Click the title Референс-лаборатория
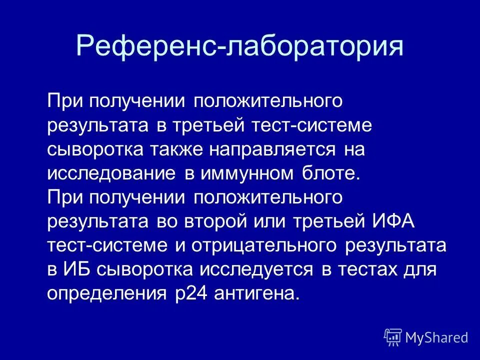point(239,46)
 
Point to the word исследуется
point(257,269)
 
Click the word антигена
point(256,293)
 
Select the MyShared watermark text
point(437,337)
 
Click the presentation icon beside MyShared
point(393,337)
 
